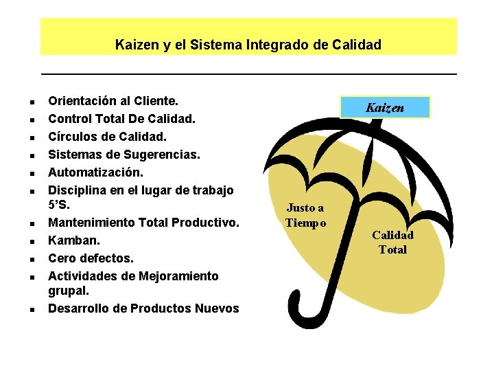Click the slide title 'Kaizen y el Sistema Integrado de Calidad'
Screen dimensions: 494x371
point(248,45)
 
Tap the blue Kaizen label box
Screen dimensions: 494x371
point(385,108)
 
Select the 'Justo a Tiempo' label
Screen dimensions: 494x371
point(306,215)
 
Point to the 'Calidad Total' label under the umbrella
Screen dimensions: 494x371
point(392,243)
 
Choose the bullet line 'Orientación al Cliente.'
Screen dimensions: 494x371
point(113,100)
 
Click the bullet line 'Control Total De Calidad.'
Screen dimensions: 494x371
point(121,118)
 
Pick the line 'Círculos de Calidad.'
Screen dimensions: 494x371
point(107,136)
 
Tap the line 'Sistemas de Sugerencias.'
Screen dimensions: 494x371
point(123,154)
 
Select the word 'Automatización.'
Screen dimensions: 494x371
point(95,172)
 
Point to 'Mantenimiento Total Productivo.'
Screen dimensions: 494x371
point(143,223)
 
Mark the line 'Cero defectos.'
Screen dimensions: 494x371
point(91,258)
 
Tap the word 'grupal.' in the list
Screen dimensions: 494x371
point(69,291)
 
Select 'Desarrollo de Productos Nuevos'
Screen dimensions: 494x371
point(143,308)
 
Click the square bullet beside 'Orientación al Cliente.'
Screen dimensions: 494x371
point(32,102)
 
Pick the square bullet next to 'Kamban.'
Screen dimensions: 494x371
point(32,242)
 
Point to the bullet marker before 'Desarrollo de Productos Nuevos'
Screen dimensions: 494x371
point(32,309)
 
